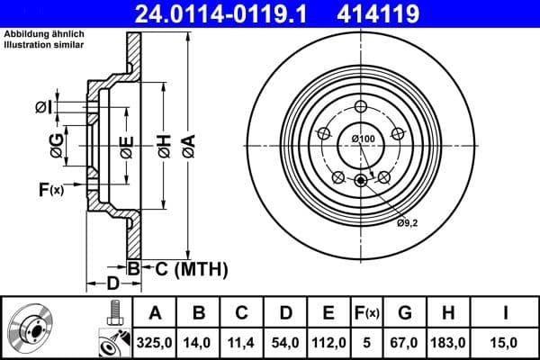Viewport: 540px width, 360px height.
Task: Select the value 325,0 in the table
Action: coord(154,342)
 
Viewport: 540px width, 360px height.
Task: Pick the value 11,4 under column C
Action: coord(241,342)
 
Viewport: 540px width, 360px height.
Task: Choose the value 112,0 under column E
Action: coord(328,342)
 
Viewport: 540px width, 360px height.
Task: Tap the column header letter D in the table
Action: coord(284,314)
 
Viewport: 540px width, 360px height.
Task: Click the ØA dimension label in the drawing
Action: coord(187,145)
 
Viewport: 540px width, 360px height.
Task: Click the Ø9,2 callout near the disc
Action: coord(406,221)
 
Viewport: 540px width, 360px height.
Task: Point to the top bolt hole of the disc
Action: coord(362,105)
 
